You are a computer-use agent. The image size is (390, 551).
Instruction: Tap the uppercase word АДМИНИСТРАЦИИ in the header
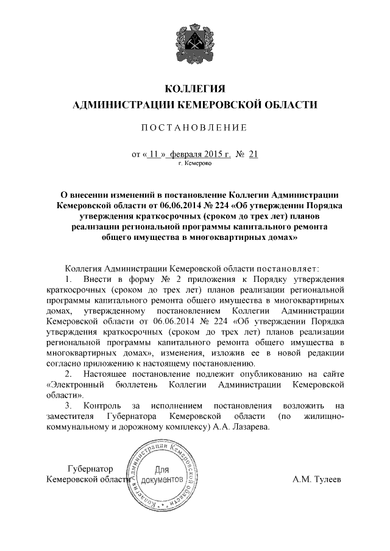point(121,105)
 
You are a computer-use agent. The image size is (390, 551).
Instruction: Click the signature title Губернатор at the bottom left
point(91,469)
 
